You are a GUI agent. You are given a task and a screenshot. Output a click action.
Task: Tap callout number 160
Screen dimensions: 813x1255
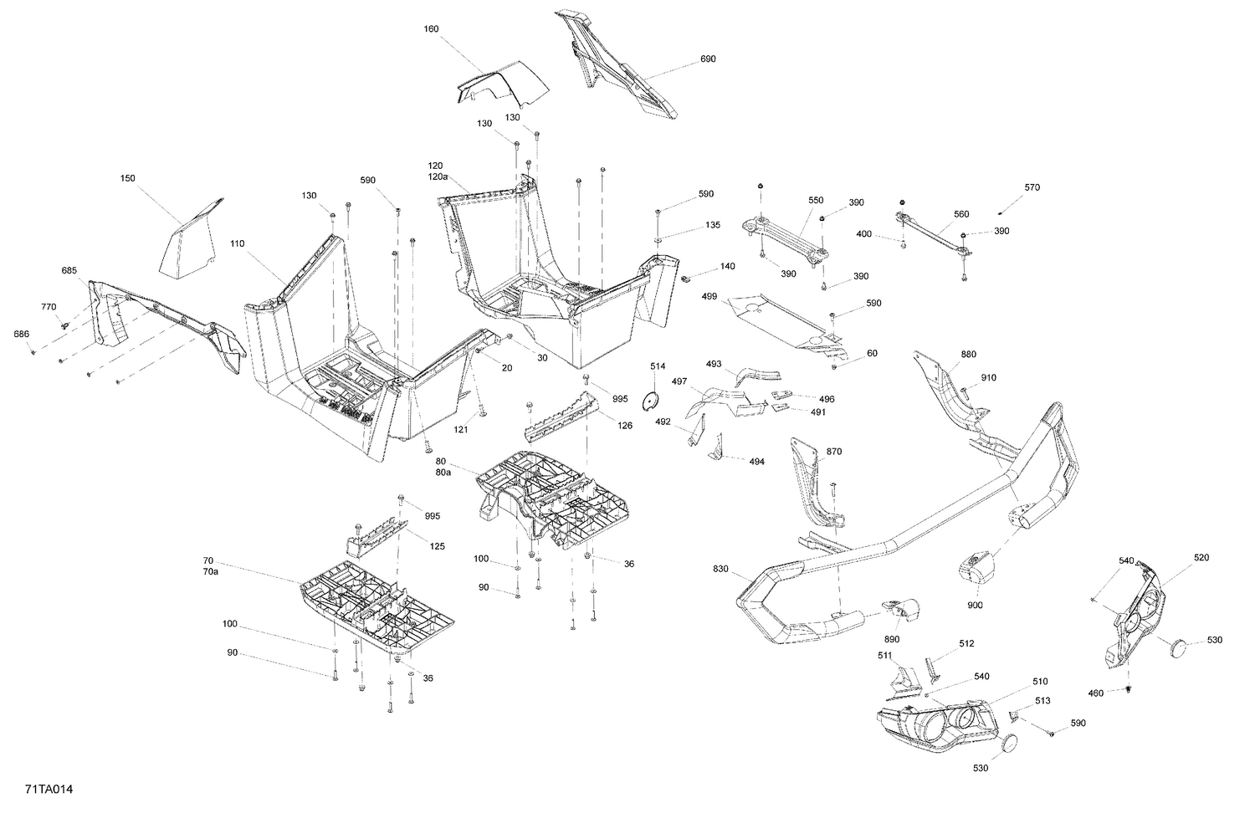431,28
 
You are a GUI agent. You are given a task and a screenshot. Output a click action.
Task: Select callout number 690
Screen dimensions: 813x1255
708,59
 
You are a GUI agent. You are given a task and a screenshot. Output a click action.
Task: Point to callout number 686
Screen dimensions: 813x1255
21,334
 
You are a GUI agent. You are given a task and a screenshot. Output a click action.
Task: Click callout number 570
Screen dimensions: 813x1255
1032,187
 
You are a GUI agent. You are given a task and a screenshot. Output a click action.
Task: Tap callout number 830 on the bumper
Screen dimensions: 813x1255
721,569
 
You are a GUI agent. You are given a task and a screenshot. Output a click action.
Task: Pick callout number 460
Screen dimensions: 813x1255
1118,693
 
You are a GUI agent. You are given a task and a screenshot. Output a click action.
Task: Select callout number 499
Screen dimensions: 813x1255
709,296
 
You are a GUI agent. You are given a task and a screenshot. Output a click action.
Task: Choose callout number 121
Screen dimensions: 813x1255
461,429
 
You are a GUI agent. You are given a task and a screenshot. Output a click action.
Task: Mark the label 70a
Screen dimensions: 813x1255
210,571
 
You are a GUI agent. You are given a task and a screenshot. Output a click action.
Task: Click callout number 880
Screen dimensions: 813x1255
968,355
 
